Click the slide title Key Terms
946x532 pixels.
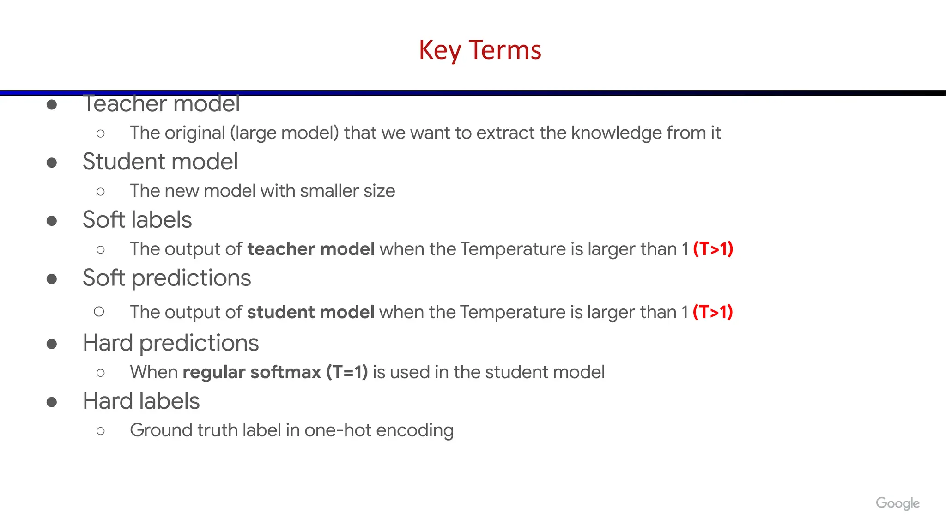(x=479, y=50)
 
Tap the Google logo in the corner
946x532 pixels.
(x=897, y=503)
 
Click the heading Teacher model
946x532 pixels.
(x=161, y=104)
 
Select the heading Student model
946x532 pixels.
(x=160, y=162)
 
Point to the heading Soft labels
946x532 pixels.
(x=137, y=220)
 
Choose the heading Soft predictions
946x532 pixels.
(x=166, y=278)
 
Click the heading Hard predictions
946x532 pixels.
(x=170, y=343)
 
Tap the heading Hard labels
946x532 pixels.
(x=141, y=401)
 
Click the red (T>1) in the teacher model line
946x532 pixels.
(x=713, y=249)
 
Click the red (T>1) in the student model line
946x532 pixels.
(x=712, y=312)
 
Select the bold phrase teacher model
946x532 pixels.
(x=311, y=249)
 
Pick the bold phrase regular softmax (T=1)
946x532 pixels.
(x=275, y=372)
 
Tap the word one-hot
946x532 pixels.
(x=338, y=430)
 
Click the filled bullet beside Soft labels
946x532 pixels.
(x=52, y=221)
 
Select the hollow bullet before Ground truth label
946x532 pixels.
(x=101, y=431)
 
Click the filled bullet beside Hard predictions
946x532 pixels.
(x=52, y=344)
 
